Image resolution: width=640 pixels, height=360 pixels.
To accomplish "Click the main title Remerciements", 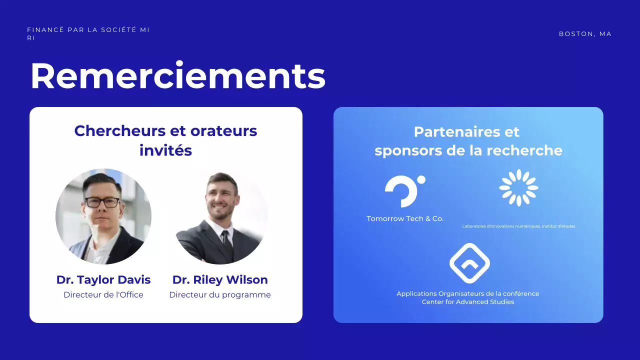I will click(178, 76).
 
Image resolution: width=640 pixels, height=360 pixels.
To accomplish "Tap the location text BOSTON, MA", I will click(585, 34).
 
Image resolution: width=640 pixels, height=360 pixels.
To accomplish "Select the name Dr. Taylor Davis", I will click(103, 279).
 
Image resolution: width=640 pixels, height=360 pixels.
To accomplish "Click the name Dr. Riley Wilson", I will click(220, 279).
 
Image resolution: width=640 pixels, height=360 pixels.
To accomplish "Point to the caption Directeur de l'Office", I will click(103, 295).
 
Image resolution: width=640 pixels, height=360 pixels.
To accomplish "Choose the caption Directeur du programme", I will click(220, 295).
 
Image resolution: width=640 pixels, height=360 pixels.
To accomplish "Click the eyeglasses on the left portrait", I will click(102, 202).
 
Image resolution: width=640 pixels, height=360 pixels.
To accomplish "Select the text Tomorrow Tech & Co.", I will click(405, 218).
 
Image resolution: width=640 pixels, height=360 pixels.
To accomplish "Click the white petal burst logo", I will click(518, 187).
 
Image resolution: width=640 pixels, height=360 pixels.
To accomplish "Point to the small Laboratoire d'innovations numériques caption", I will click(518, 226).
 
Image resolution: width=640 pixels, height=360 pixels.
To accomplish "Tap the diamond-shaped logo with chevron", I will click(469, 263).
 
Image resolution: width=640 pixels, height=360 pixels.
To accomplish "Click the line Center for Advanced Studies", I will click(468, 302).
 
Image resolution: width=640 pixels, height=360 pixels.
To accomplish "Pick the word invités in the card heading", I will click(165, 150).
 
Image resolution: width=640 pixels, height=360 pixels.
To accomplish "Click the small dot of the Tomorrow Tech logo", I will click(421, 179).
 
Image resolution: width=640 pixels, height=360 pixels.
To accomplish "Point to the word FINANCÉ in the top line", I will click(45, 30).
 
